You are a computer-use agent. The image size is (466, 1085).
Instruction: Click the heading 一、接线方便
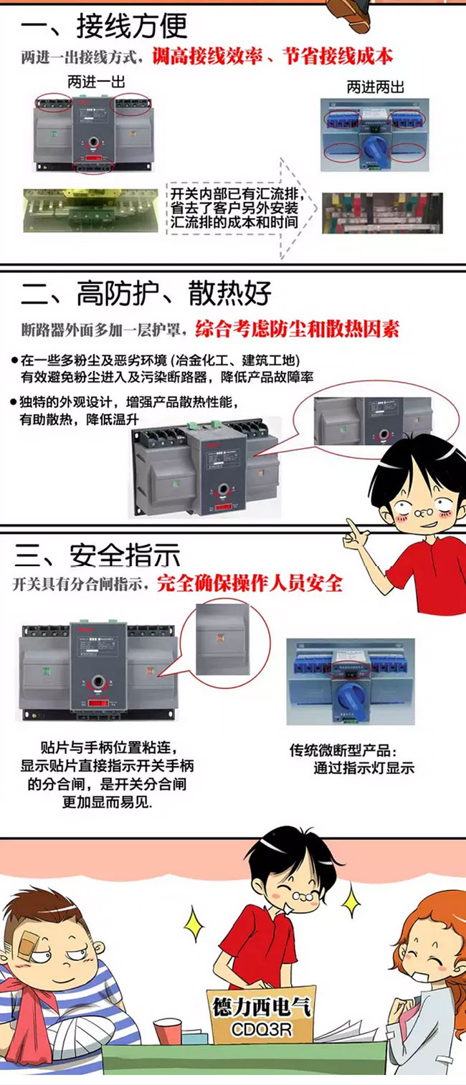104,27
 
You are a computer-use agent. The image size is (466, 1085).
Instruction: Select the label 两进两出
375,87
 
